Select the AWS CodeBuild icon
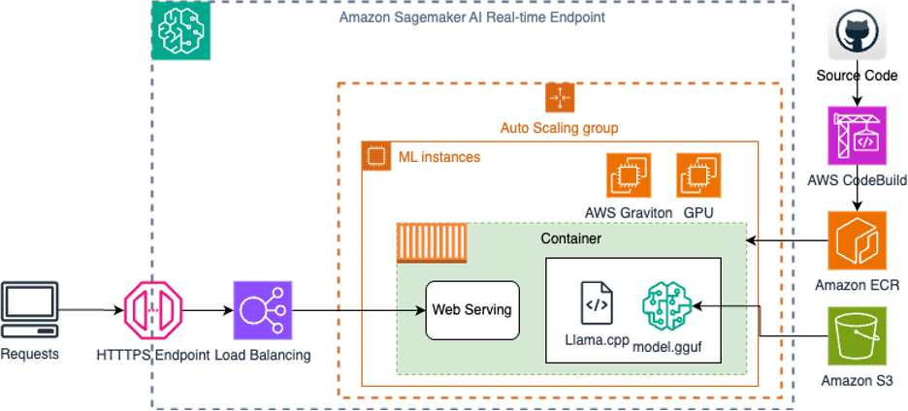[x=857, y=136]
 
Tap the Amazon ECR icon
[x=857, y=240]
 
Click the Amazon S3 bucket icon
[x=857, y=336]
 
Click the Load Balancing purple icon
[x=263, y=310]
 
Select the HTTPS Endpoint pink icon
[x=152, y=310]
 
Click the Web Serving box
[x=471, y=310]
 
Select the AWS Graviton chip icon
[x=629, y=176]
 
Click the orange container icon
[x=432, y=242]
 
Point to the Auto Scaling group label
[x=559, y=127]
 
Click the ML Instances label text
[x=438, y=156]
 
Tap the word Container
[x=570, y=237]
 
